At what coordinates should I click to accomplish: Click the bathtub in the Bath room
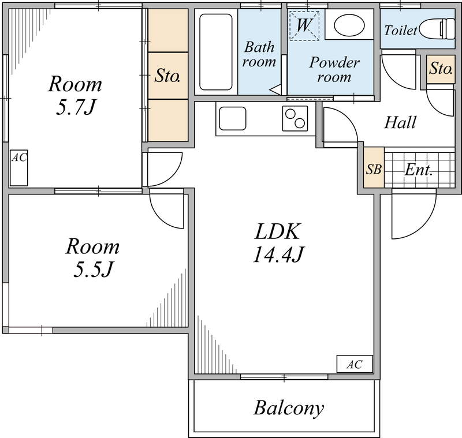(216, 52)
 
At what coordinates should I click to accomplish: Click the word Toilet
(400, 30)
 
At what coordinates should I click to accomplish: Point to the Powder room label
(334, 69)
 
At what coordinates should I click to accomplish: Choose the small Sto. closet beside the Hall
(440, 70)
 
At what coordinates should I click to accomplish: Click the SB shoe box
(374, 170)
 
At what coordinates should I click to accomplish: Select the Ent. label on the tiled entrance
(419, 170)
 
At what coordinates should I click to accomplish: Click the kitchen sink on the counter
(232, 119)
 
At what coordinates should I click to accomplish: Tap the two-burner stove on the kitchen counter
(295, 119)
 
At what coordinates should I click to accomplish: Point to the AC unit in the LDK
(355, 365)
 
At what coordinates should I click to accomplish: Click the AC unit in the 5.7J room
(18, 168)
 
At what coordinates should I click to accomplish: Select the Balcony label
(288, 409)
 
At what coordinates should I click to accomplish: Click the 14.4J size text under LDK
(278, 254)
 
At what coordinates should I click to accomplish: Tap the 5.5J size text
(92, 269)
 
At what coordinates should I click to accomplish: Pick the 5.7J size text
(74, 107)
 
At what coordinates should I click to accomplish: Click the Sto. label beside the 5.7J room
(168, 75)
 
